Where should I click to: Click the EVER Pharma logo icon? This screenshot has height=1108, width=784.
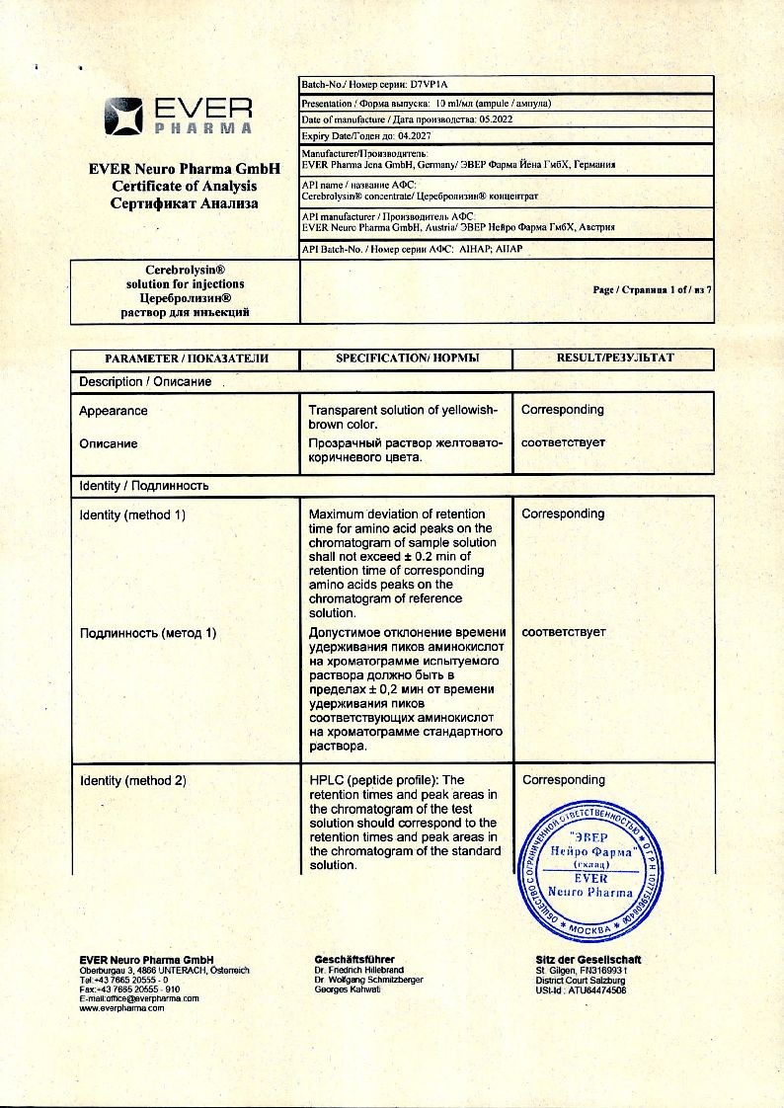click(x=122, y=116)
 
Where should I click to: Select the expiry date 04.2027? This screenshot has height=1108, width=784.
click(x=406, y=135)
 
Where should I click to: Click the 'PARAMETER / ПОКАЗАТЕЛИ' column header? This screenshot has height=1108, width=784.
click(x=186, y=357)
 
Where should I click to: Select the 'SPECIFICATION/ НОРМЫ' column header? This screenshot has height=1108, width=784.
click(x=407, y=357)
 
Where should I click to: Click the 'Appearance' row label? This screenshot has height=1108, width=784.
click(x=114, y=411)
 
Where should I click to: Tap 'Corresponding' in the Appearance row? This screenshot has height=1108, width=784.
click(x=563, y=410)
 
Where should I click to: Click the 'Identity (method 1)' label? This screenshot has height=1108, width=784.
click(x=132, y=514)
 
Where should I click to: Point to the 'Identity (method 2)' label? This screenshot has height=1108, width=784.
click(x=132, y=781)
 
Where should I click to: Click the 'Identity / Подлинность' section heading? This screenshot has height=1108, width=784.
click(x=144, y=486)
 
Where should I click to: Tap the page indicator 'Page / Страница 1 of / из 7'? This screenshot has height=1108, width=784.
click(x=652, y=290)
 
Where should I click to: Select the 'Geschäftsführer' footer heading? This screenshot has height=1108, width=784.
click(x=354, y=959)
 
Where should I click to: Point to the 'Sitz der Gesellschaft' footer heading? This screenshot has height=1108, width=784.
click(x=588, y=959)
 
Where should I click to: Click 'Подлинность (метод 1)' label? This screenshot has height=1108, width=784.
click(x=147, y=633)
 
